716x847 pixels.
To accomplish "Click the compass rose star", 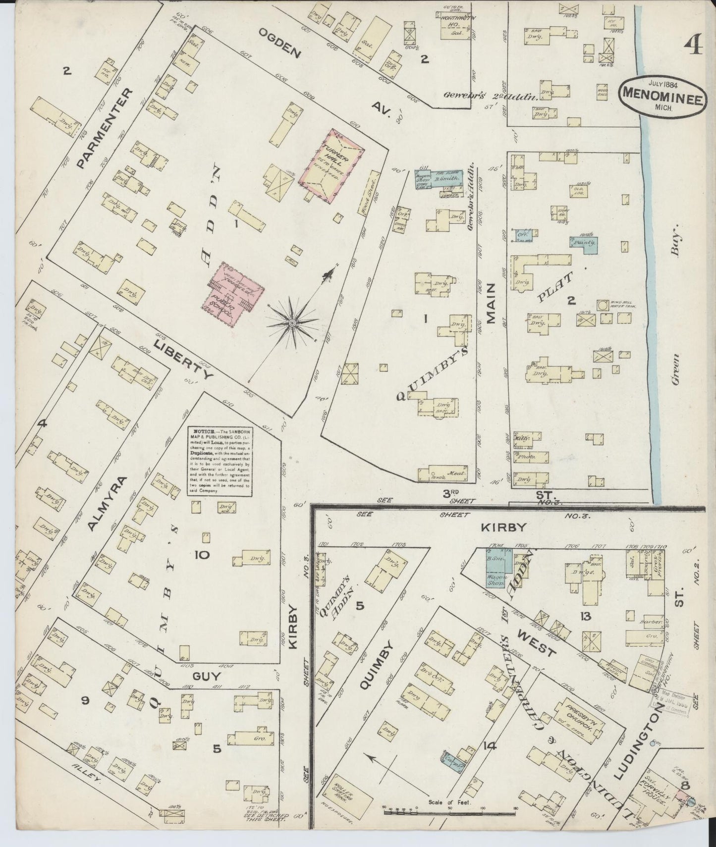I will (292, 323).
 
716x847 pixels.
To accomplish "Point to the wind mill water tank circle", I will (603, 305).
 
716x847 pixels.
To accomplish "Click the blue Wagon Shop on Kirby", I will (494, 570).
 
